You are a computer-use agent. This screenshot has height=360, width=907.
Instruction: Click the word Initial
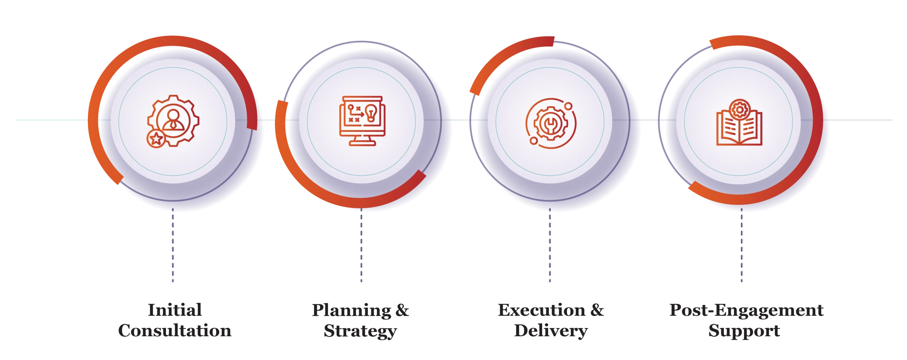[x=175, y=310]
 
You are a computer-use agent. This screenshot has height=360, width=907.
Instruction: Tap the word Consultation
[x=175, y=331]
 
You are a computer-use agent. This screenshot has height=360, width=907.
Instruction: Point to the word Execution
[x=541, y=310]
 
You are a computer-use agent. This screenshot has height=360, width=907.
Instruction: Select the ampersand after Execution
[x=597, y=310]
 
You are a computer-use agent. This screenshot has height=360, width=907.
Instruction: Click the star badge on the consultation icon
[x=156, y=139]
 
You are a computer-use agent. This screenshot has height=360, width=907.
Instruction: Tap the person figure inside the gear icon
[x=173, y=120]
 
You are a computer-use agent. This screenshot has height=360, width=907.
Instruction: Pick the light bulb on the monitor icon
[x=371, y=113]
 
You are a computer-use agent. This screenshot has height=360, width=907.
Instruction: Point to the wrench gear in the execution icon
[x=551, y=123]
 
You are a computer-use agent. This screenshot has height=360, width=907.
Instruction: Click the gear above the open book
[x=739, y=110]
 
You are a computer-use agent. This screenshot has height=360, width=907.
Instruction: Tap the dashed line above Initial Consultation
[x=173, y=245]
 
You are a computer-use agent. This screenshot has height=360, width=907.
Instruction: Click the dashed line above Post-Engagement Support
[x=742, y=245]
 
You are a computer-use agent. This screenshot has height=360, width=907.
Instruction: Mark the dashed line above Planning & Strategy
[x=361, y=245]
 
